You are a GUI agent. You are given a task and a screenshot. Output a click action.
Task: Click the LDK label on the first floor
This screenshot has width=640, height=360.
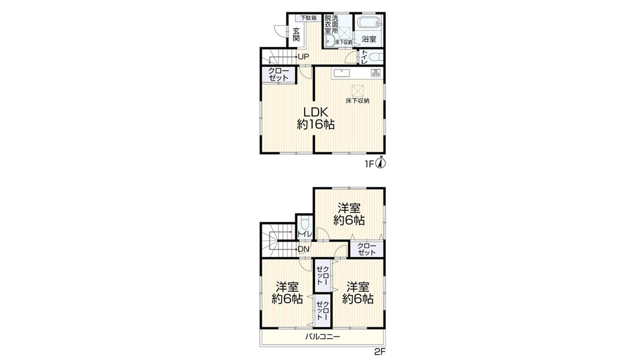click(x=315, y=111)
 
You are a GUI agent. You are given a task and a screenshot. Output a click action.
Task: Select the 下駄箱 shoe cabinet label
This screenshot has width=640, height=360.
click(x=308, y=17)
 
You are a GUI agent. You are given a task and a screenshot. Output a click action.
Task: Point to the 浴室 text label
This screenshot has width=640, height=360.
click(x=369, y=39)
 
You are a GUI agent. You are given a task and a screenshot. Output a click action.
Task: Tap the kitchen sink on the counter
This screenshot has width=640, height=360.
click(x=341, y=73)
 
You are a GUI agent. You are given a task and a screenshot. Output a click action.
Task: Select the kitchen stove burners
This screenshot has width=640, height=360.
click(x=375, y=73)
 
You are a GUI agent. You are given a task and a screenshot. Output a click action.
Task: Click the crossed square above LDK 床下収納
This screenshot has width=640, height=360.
click(x=357, y=90)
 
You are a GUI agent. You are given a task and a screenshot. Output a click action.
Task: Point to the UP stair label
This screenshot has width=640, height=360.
click(x=303, y=57)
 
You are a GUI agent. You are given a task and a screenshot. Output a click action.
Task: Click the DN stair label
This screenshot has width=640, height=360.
click(x=303, y=249)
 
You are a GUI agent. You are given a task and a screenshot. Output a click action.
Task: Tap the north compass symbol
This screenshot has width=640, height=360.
click(x=381, y=162)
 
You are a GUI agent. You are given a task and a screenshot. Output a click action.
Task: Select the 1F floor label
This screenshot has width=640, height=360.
click(x=369, y=164)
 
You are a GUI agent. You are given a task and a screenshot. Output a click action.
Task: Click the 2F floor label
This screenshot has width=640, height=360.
click(x=380, y=351)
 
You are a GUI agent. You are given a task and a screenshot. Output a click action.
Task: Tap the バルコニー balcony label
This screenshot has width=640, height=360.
click(x=322, y=336)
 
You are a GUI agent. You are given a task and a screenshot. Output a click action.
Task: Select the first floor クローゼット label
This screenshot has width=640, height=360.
click(x=278, y=74)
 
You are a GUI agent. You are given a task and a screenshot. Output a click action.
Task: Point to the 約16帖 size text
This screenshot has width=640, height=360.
click(x=315, y=124)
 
